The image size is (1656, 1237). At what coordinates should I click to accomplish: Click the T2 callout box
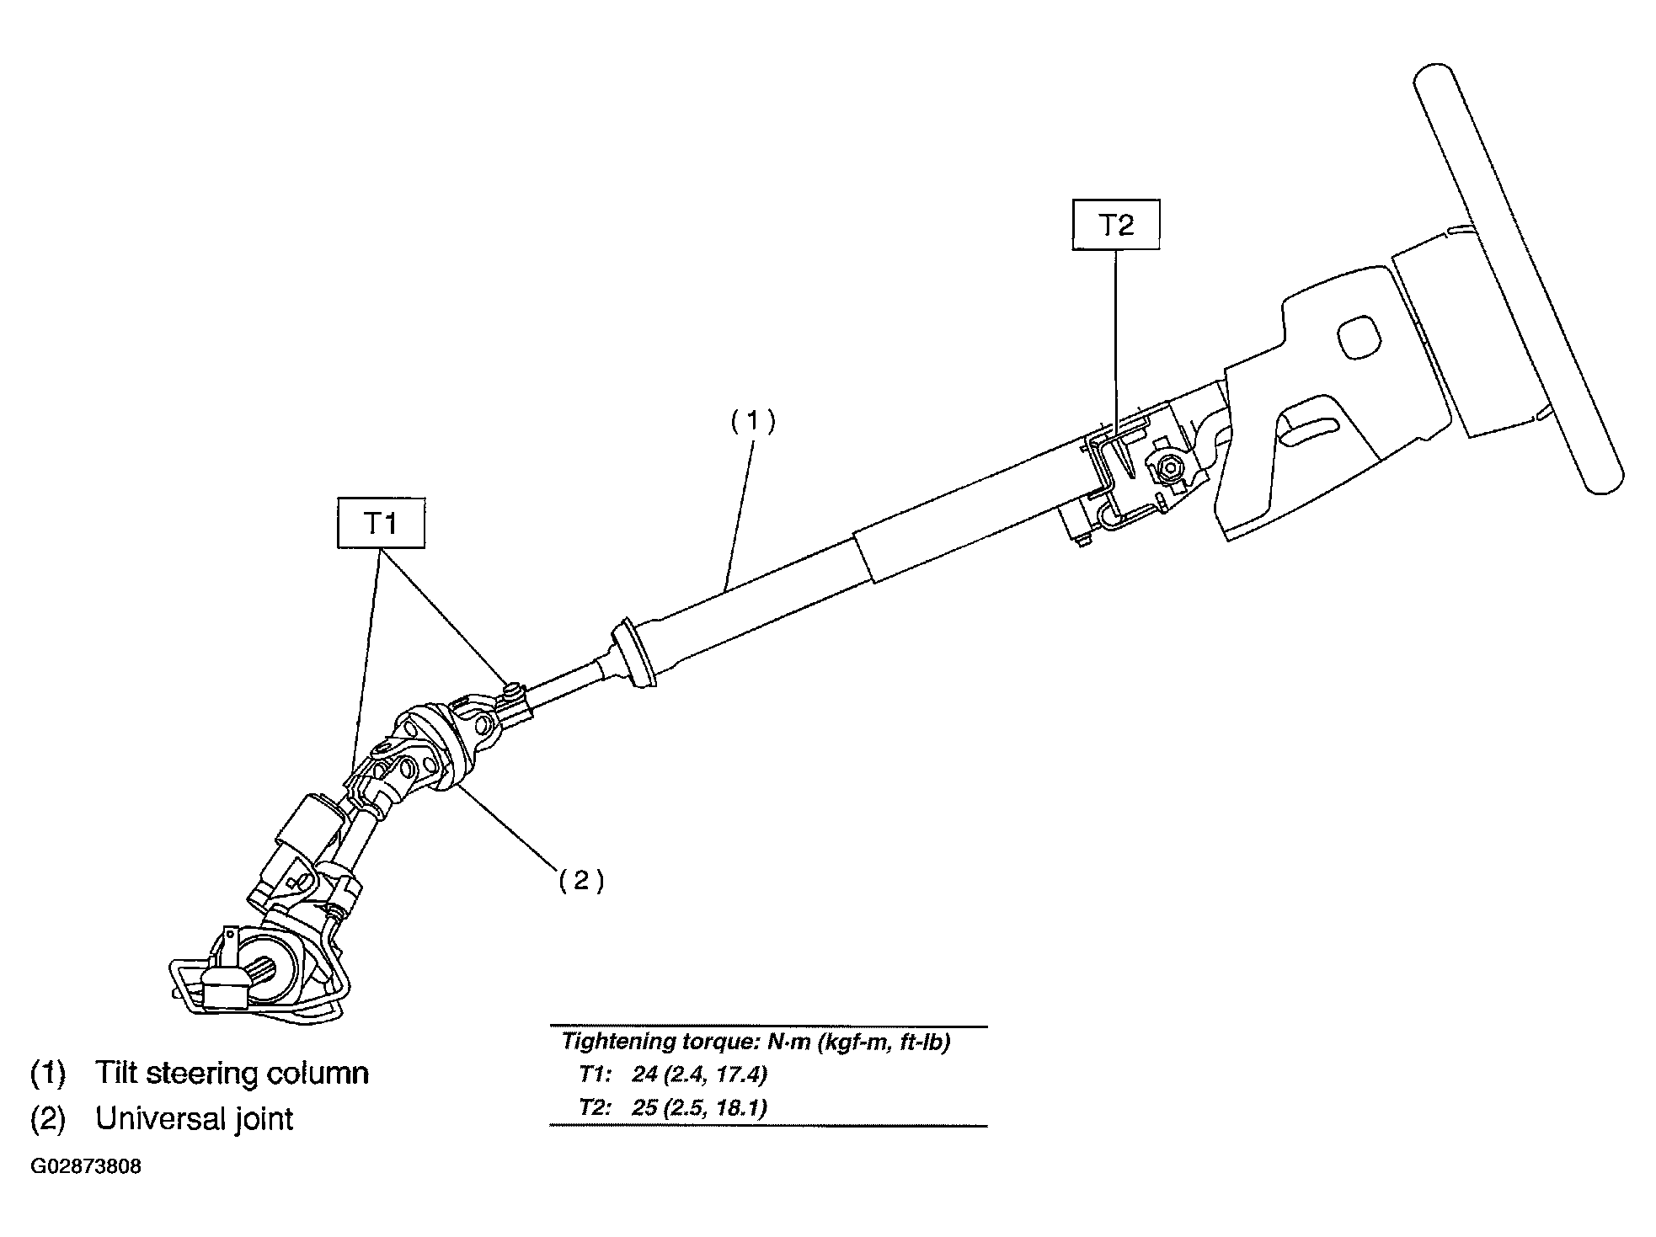[1116, 224]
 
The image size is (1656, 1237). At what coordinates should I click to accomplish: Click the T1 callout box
[381, 523]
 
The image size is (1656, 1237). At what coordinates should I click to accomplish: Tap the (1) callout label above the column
[752, 421]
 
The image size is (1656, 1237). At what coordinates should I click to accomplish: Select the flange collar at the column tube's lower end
[637, 654]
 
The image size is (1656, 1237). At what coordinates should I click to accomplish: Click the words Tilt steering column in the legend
[232, 1073]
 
